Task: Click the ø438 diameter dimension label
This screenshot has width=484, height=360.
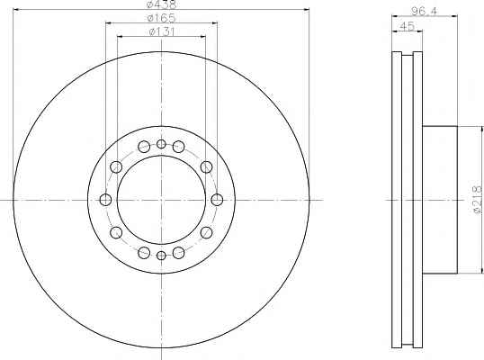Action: [x=161, y=4]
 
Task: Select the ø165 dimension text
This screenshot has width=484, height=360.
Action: [x=161, y=18]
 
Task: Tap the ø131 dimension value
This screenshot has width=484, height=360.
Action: [x=162, y=31]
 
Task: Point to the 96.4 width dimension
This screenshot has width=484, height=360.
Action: [x=425, y=11]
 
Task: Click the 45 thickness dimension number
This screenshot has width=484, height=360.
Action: [x=407, y=26]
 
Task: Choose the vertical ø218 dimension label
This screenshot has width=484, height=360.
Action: [x=477, y=200]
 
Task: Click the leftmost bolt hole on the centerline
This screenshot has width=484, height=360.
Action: [x=105, y=200]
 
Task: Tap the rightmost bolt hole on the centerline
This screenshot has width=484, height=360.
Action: [x=217, y=200]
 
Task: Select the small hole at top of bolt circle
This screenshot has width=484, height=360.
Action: [x=161, y=144]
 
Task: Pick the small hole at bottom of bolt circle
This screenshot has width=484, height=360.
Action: [x=161, y=256]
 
